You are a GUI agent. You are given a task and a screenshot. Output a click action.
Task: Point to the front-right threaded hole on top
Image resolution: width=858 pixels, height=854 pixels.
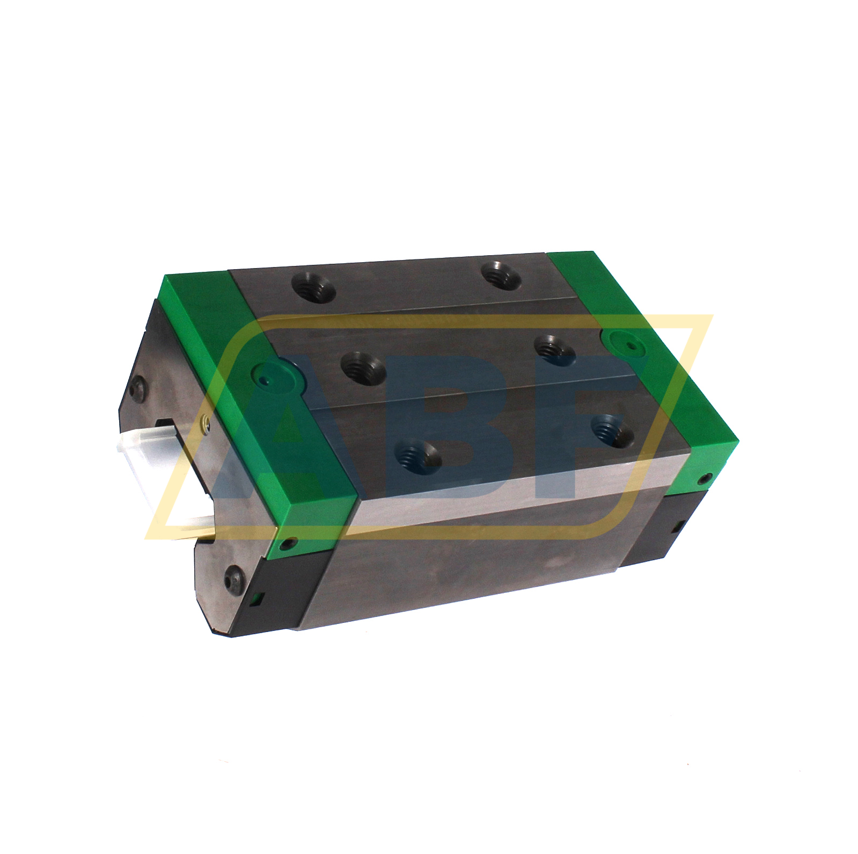612,430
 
